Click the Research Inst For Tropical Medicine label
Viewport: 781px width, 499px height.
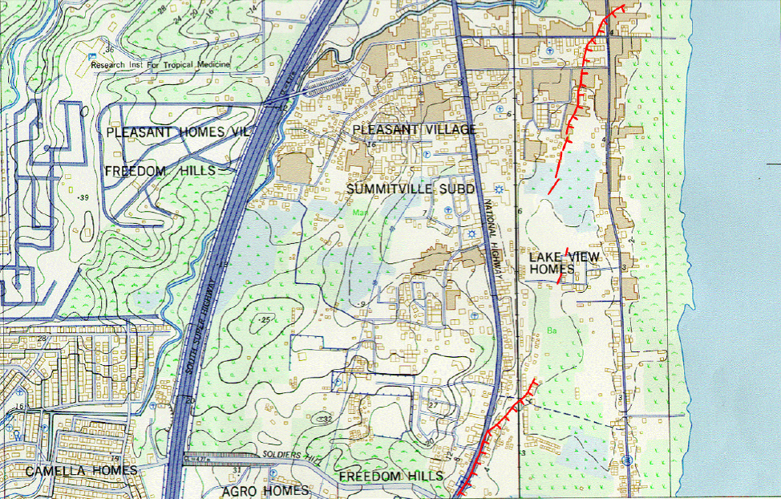coord(160,64)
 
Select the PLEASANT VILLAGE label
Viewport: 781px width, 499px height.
coord(415,129)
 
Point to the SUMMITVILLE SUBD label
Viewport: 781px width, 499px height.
coord(411,189)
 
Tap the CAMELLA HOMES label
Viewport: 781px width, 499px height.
coord(81,470)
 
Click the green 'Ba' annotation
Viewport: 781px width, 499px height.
coord(552,328)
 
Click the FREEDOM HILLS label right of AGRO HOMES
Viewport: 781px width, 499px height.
coord(390,477)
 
